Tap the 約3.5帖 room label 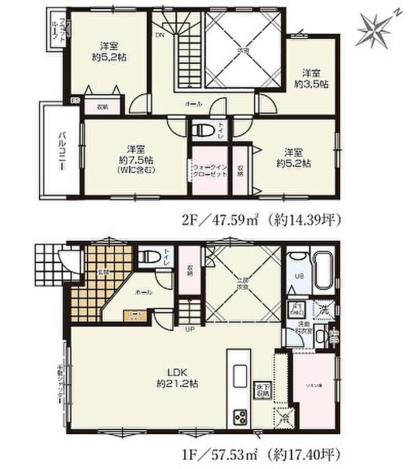(313, 78)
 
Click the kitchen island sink (238, 369)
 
